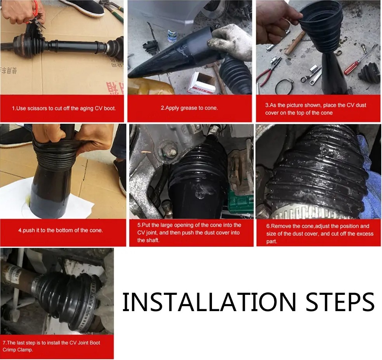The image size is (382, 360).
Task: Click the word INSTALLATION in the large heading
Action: click(209, 302)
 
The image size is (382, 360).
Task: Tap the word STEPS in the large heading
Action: click(340, 302)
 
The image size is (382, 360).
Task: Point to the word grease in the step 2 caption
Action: click(189, 108)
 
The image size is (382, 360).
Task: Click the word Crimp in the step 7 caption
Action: click(9, 350)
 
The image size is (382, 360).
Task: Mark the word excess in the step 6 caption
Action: click(365, 234)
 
